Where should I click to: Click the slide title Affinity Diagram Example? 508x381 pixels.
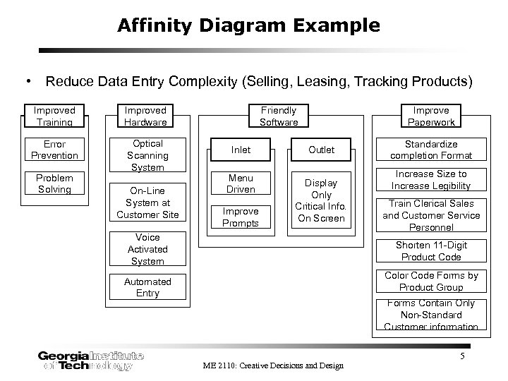[248, 27]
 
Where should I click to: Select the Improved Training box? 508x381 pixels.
[54, 116]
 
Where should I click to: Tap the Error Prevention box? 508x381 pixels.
[54, 150]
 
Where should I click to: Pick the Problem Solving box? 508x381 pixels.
[54, 183]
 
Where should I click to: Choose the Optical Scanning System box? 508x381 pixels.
[147, 155]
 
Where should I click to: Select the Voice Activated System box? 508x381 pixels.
[147, 249]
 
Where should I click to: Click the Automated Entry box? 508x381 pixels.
[147, 287]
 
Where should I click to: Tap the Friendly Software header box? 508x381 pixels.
[279, 116]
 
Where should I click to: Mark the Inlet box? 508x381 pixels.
[241, 150]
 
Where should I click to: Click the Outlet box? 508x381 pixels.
[321, 150]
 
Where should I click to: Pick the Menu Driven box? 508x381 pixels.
[241, 183]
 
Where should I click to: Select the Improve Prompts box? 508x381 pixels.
[241, 217]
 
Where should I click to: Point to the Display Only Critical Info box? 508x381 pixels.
[321, 200]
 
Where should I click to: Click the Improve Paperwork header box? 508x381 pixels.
[431, 116]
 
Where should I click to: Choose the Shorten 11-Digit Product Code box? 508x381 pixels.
[431, 251]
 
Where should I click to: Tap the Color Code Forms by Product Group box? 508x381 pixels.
[431, 282]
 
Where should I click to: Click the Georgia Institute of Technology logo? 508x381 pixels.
[90, 360]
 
